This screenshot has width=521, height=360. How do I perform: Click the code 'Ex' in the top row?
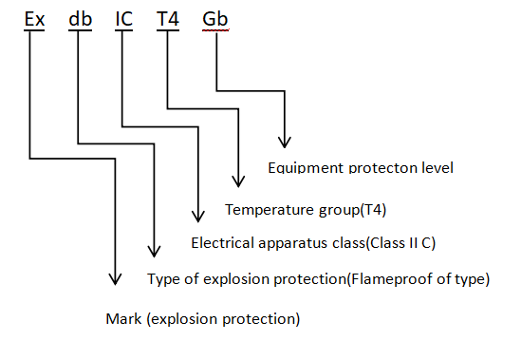tap(34, 19)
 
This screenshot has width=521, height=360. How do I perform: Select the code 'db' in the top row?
tap(80, 19)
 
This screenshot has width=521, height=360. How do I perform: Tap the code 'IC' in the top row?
tap(124, 19)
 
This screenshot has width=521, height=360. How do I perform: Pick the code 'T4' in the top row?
tap(168, 19)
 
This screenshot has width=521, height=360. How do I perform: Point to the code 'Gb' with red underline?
tap(215, 19)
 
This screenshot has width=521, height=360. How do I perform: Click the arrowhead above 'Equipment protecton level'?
tap(285, 142)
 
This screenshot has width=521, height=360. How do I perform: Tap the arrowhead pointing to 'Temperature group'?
tap(238, 181)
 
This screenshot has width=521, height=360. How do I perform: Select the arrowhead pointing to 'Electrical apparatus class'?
tap(198, 217)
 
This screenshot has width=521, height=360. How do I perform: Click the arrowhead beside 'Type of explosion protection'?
tap(154, 252)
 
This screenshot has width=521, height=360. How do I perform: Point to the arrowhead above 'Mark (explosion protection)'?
tap(115, 279)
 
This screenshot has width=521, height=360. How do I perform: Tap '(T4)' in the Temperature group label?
tap(373, 210)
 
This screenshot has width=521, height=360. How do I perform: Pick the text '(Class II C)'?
tap(400, 243)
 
